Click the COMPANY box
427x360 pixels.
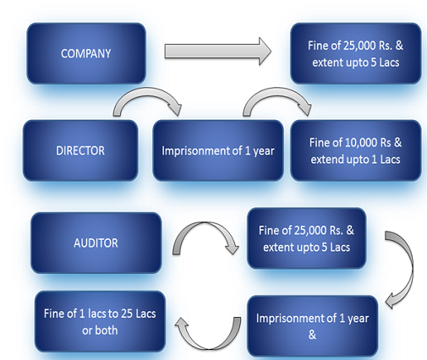[86, 53]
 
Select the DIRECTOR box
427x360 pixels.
[80, 150]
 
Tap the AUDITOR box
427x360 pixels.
[96, 243]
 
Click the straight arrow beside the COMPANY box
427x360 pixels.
[217, 52]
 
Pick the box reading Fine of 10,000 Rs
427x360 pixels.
[356, 150]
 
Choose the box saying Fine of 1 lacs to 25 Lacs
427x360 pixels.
[100, 322]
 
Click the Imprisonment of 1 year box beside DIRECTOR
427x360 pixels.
[218, 150]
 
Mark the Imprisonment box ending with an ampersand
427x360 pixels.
[312, 326]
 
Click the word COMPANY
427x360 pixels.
[86, 53]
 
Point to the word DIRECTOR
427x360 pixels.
[80, 150]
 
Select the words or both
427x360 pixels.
[100, 330]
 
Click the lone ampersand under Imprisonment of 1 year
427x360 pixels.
[312, 335]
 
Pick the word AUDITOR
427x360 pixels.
[96, 243]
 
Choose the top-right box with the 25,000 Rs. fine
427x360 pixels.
[356, 53]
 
